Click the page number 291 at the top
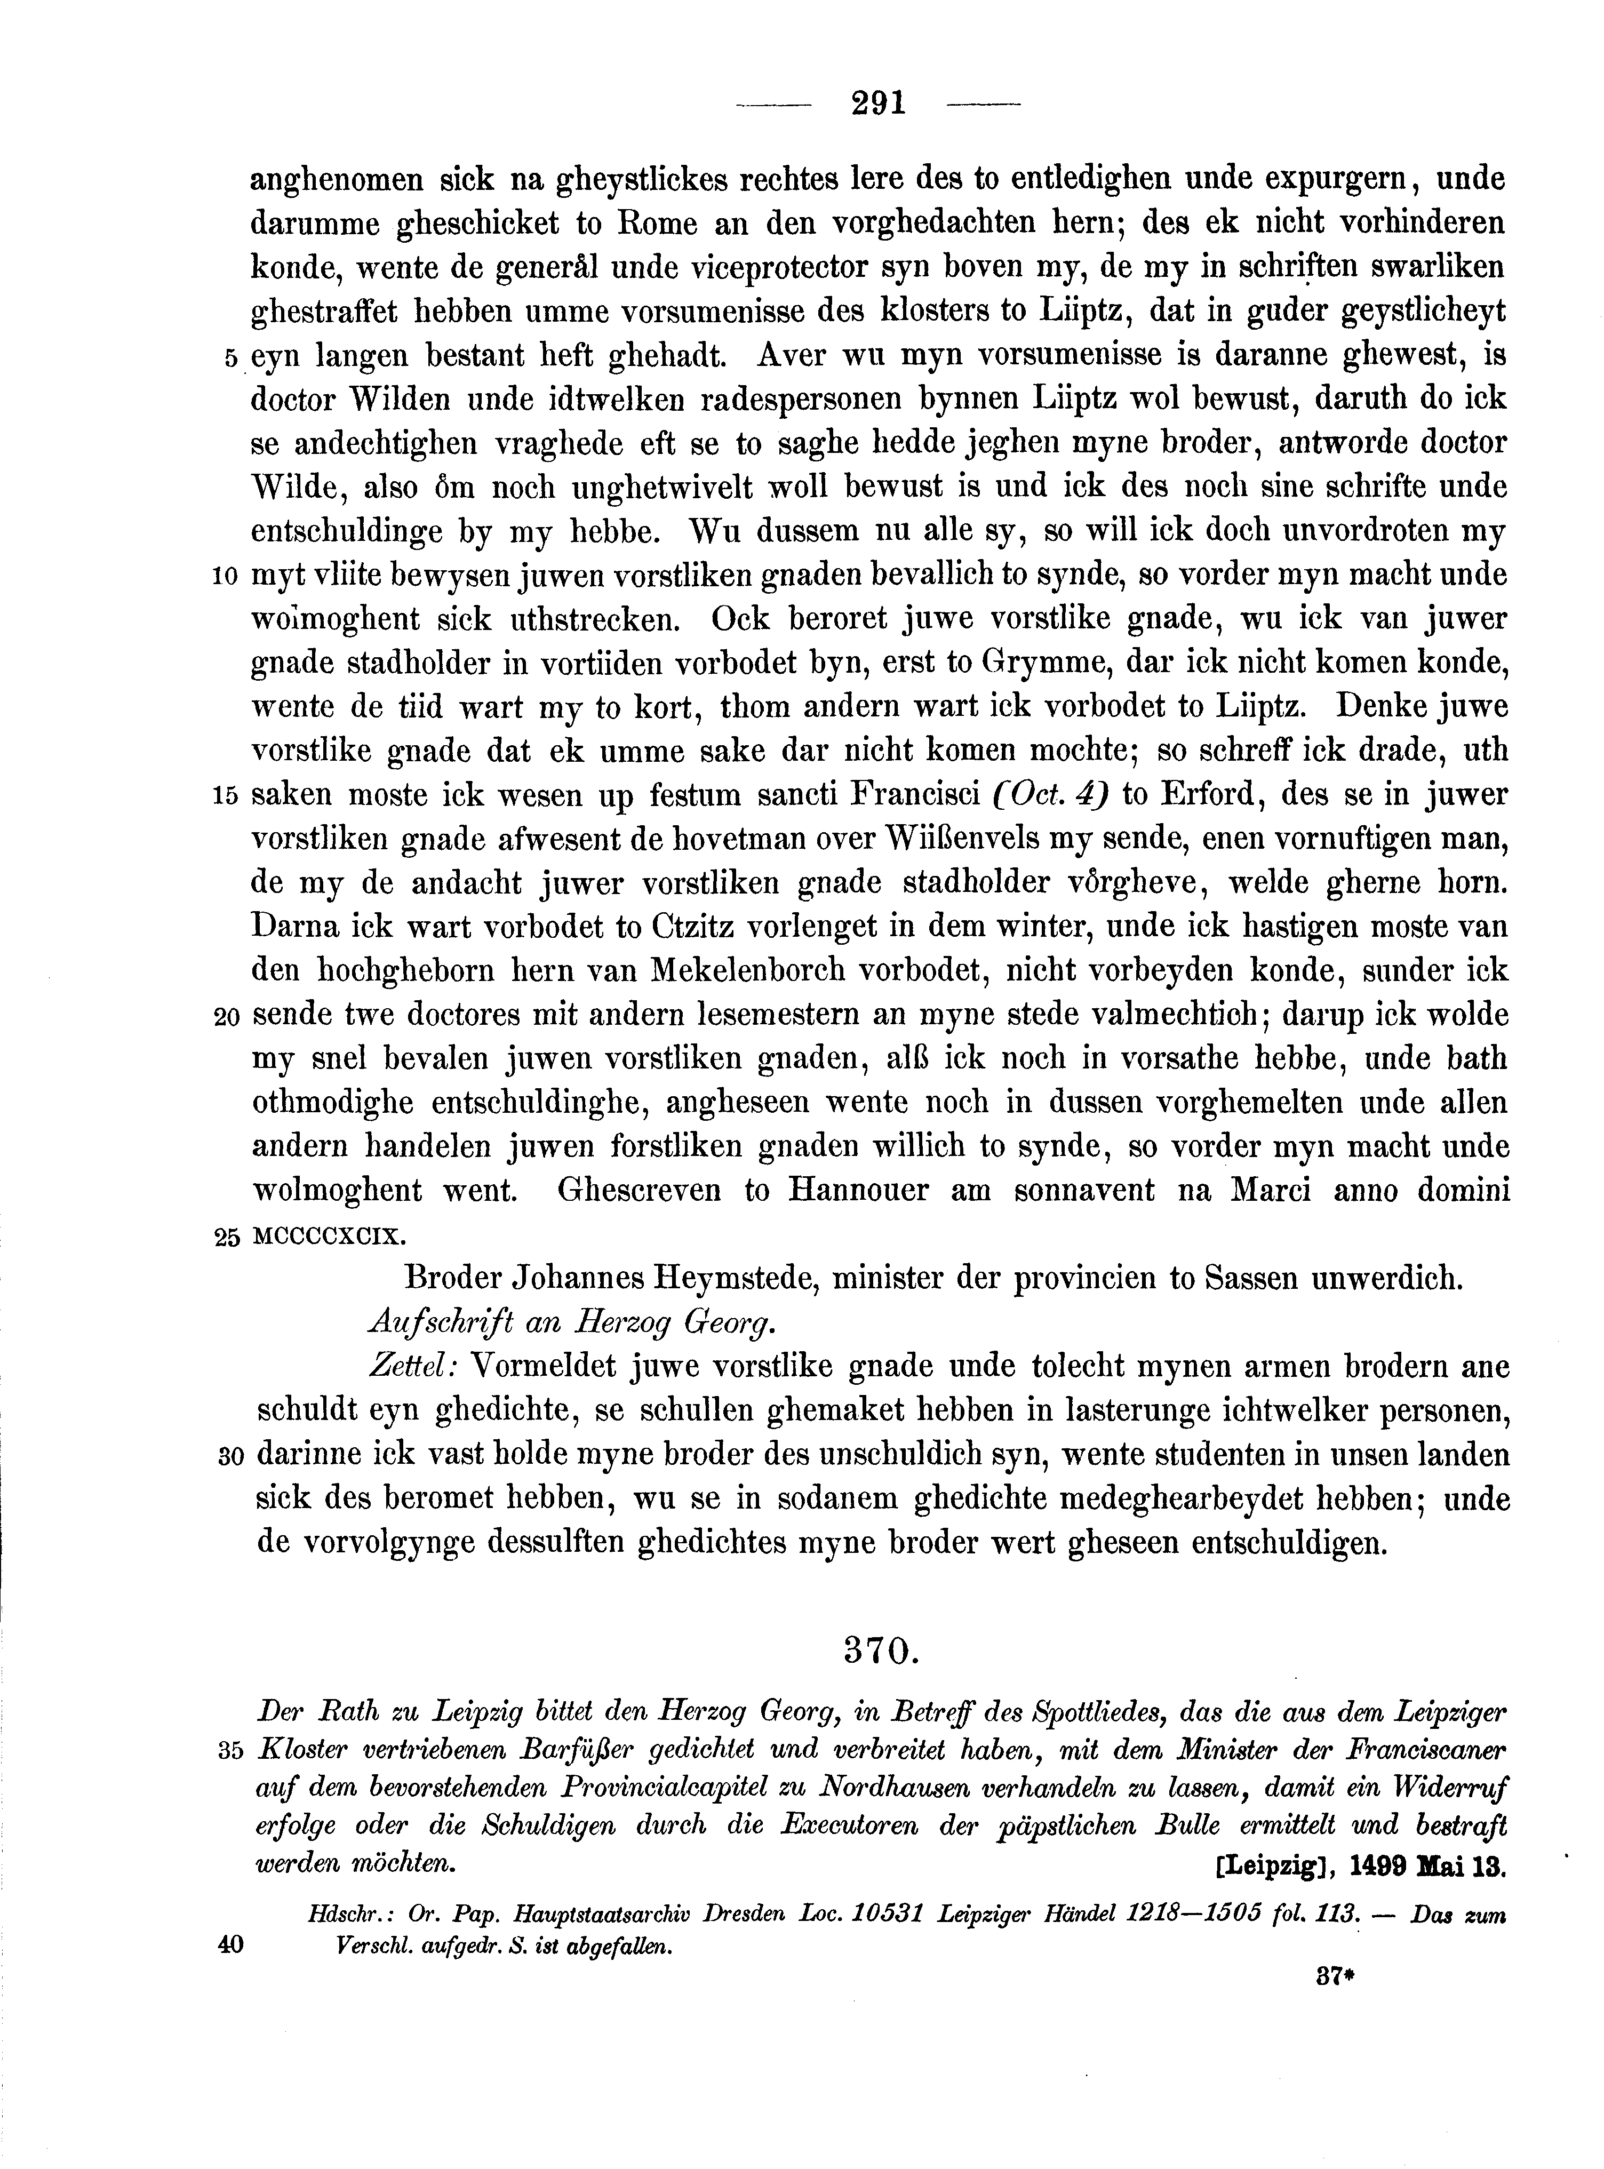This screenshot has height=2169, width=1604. click(x=877, y=103)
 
